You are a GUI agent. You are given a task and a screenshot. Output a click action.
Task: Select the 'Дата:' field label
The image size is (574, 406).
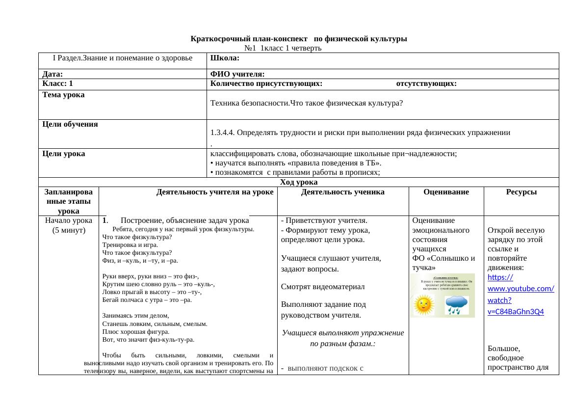[52, 74]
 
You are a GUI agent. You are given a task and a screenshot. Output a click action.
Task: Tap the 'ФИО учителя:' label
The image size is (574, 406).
[237, 74]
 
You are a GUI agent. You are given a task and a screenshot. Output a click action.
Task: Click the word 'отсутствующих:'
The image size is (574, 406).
[426, 84]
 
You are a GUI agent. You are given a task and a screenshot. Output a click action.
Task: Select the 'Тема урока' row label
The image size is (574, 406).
[63, 95]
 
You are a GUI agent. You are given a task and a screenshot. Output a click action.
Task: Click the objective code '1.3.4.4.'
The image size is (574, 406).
[223, 133]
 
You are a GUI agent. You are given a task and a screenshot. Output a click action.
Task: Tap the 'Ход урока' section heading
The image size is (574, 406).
[298, 182]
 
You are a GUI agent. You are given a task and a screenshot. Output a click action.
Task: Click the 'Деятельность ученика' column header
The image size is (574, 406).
[342, 192]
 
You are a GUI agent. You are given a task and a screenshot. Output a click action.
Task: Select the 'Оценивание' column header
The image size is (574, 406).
[446, 192]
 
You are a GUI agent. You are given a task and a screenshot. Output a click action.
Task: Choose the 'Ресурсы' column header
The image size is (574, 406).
[521, 192]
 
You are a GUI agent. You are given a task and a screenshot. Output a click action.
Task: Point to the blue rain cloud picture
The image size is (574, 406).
[456, 305]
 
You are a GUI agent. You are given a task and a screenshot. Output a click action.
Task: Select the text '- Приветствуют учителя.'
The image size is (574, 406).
[324, 220]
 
